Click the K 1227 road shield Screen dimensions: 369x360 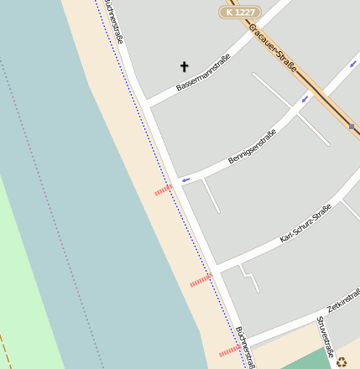coord(240,12)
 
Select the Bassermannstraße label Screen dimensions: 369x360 coord(203,73)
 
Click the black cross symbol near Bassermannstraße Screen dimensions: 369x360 coord(185,66)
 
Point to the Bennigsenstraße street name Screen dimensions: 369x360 coord(252,146)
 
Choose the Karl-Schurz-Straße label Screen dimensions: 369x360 coord(305,223)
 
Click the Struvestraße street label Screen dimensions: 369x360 coord(326,336)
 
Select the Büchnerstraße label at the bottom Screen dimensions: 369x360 coord(245,346)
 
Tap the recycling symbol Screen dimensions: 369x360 coord(342,361)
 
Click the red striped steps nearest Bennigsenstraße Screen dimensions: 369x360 coord(163,190)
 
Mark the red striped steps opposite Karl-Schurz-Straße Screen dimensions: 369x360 coord(201,280)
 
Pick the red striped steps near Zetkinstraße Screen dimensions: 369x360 coord(229,351)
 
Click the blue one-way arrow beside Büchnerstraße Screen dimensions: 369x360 coord(185,179)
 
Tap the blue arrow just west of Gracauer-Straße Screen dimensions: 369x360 coord(305,98)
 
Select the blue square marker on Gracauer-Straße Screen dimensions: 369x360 coord(352,126)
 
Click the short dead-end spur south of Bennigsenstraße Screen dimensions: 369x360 coord(211,195)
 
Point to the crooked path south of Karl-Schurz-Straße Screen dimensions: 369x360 coord(249,278)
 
